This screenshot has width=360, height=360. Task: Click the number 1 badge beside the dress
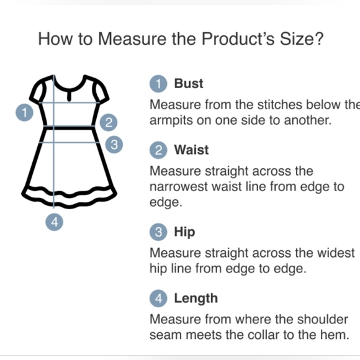[x=24, y=112]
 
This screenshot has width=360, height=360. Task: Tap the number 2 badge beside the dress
[x=109, y=122]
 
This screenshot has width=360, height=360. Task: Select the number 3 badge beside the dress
[x=114, y=145]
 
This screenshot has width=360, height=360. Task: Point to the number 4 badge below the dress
[x=55, y=222]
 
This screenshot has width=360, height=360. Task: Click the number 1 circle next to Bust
[x=158, y=84]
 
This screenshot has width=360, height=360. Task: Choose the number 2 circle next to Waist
[x=158, y=150]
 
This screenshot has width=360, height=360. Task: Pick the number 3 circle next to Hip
[x=158, y=232]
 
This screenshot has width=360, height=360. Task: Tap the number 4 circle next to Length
[x=158, y=299]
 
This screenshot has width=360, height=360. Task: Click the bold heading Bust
[x=189, y=83]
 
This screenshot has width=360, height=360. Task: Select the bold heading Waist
[x=191, y=150]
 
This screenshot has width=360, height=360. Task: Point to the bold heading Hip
[x=184, y=232]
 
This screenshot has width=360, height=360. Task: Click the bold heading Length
[x=196, y=299]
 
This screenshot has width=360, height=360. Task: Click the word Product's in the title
[x=238, y=38]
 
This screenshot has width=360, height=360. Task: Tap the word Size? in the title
[x=302, y=38]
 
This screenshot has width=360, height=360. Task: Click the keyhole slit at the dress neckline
[x=69, y=96]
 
